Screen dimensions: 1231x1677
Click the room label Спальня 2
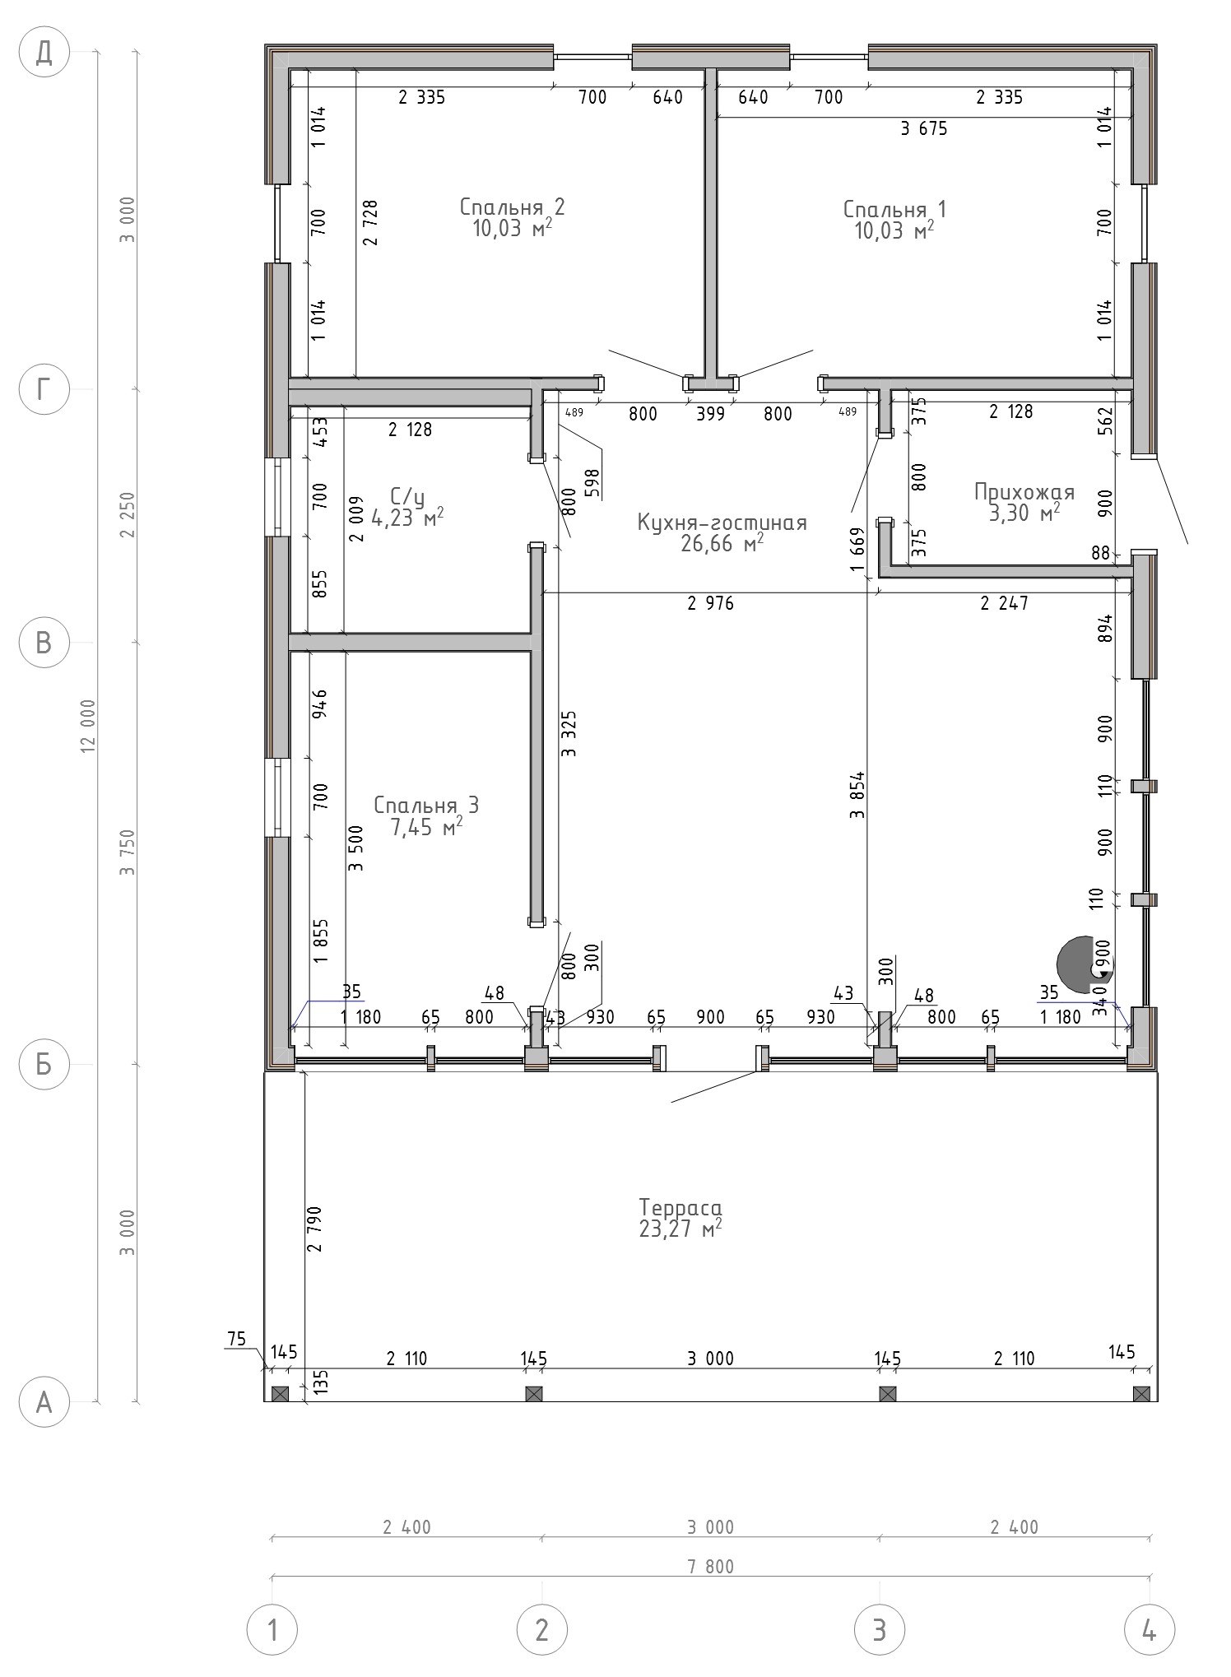[512, 206]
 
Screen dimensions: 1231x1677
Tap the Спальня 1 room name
[894, 209]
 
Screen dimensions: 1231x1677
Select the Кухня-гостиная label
[722, 523]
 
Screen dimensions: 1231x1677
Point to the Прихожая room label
[1024, 492]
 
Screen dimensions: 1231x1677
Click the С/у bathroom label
[407, 496]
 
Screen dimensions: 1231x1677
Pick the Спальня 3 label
[426, 805]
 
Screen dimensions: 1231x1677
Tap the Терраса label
[681, 1208]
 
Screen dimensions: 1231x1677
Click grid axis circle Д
[44, 53]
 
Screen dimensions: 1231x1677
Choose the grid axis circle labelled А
[44, 1401]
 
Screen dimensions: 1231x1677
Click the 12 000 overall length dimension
[89, 725]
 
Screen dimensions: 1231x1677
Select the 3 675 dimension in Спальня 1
[924, 128]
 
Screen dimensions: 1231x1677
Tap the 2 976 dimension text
[710, 604]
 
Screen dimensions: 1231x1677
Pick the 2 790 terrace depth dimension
[314, 1229]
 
